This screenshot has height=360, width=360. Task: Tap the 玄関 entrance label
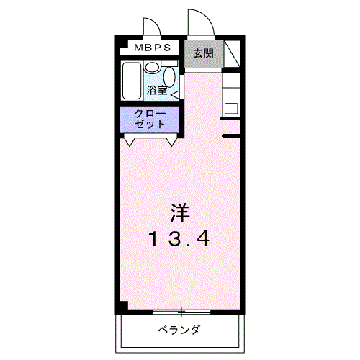click(202, 53)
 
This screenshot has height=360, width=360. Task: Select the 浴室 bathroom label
click(157, 90)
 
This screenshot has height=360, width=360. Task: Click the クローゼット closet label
click(150, 119)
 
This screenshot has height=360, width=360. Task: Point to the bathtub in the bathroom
click(131, 83)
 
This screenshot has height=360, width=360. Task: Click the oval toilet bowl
click(170, 76)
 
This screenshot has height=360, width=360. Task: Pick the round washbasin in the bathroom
click(153, 66)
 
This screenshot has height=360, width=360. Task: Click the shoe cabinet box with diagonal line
click(230, 55)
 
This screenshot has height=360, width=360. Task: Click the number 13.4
click(180, 238)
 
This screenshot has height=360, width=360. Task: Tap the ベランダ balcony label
click(179, 330)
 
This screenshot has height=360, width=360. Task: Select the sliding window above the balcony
click(181, 312)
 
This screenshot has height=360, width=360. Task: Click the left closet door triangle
click(130, 141)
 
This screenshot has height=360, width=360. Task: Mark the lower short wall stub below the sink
click(230, 135)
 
